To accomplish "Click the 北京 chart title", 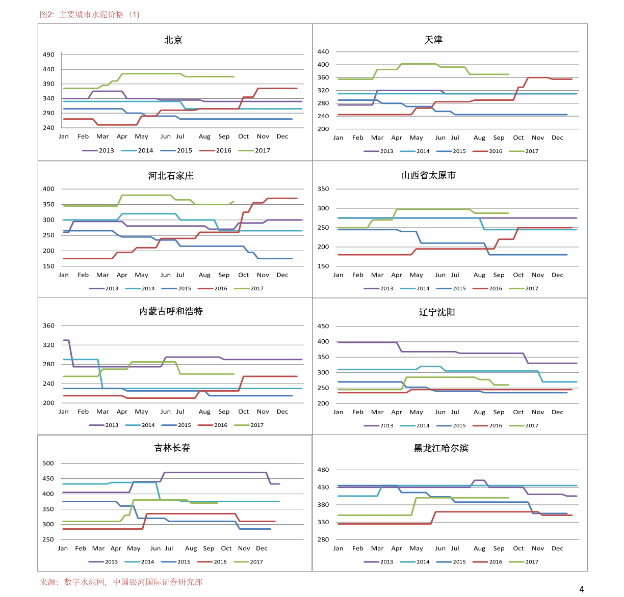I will (173, 40).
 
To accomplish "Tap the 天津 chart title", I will (433, 40).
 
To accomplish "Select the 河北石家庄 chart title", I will (171, 176).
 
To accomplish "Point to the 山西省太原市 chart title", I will (428, 176).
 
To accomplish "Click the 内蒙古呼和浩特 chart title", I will (171, 311).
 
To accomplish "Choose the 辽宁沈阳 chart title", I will (437, 312).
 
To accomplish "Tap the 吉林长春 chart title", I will (172, 448).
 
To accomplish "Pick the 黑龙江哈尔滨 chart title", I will (441, 448).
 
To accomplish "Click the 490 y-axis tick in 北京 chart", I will (48, 55).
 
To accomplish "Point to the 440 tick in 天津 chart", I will (323, 51).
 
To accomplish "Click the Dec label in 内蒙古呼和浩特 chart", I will (282, 412).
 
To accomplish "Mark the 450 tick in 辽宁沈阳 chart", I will (323, 326).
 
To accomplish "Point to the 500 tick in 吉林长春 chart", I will (48, 463).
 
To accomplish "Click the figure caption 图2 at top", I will (90, 14).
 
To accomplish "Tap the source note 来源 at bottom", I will (121, 582).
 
